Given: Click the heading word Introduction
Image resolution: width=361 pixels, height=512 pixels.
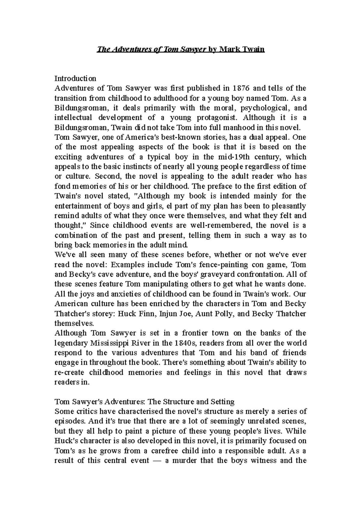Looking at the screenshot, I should point(75,78).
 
